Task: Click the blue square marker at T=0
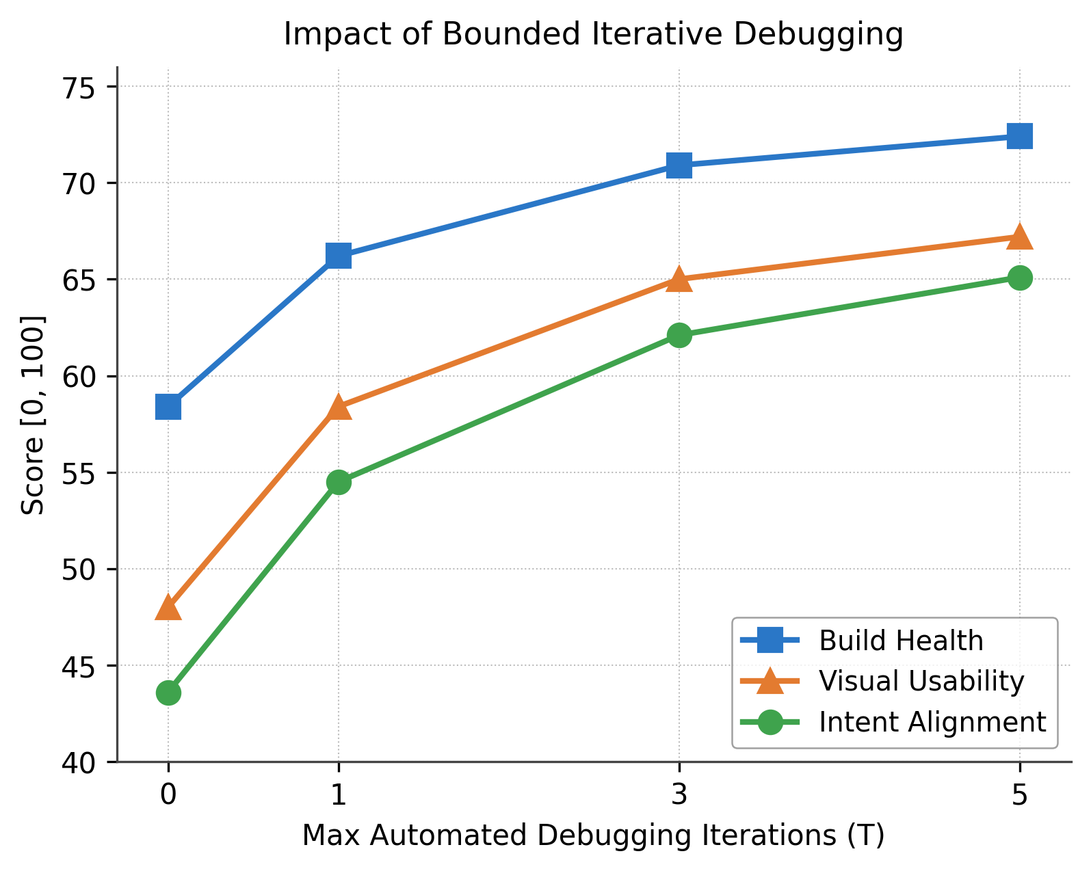[x=168, y=407]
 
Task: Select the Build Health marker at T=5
[x=1019, y=136]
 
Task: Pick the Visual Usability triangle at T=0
[x=168, y=607]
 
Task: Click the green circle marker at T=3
[x=679, y=335]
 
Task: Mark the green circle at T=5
[x=1019, y=278]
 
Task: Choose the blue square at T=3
[x=679, y=165]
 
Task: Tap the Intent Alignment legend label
[x=932, y=722]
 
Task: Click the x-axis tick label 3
[x=679, y=795]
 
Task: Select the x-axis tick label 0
[x=168, y=795]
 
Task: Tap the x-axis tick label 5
[x=1019, y=795]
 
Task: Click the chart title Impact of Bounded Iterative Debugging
[x=593, y=34]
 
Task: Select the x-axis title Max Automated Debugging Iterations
[x=593, y=835]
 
